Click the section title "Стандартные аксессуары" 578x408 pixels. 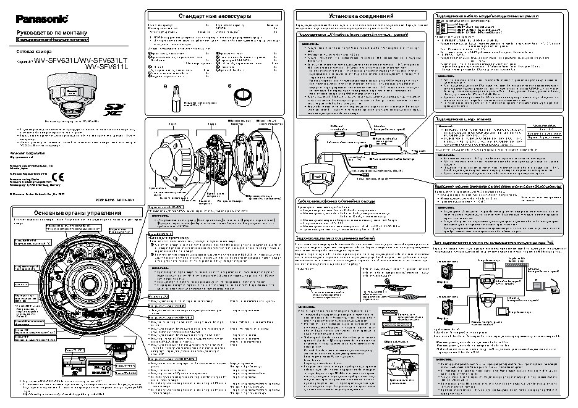coord(206,15)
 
